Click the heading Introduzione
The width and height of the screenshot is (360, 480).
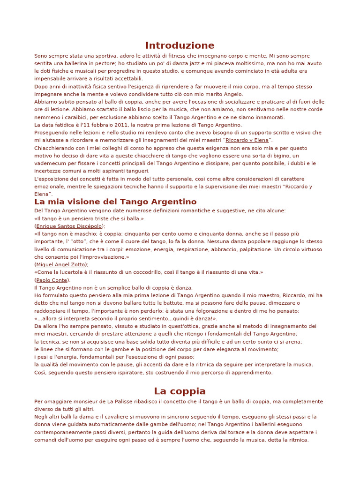[180, 45]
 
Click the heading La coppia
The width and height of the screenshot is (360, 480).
[180, 391]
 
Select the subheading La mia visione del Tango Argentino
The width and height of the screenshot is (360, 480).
[115, 202]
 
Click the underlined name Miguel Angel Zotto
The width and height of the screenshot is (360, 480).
[60, 264]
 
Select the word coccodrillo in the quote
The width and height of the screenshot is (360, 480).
[138, 272]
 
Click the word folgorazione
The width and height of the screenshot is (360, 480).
[222, 311]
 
